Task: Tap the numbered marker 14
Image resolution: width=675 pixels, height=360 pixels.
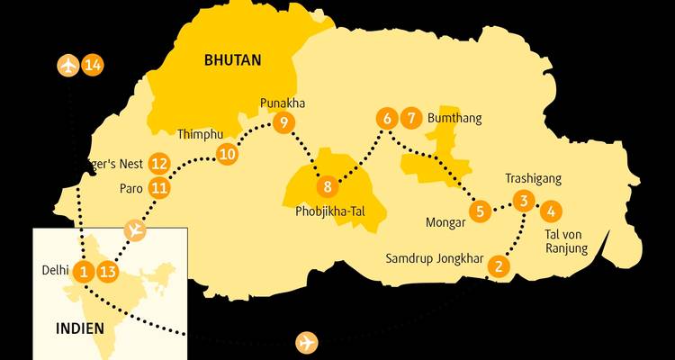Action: click(x=93, y=65)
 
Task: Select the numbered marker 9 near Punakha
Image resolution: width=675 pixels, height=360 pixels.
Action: click(x=283, y=122)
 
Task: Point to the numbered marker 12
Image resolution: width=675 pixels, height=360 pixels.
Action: click(x=159, y=164)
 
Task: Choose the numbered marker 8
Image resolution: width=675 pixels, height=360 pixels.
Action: click(x=328, y=187)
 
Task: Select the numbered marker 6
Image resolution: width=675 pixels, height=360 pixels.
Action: click(x=386, y=118)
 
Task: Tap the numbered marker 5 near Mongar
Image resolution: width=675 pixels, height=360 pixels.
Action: click(x=480, y=211)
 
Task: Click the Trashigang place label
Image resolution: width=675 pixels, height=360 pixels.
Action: click(x=533, y=178)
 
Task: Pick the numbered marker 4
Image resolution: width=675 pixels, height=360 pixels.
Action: click(x=550, y=211)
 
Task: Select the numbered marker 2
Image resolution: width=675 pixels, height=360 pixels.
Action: click(x=498, y=265)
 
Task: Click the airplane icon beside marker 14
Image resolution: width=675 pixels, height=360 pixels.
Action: click(x=67, y=65)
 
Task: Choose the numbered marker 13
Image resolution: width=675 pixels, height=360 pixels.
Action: click(x=107, y=270)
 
